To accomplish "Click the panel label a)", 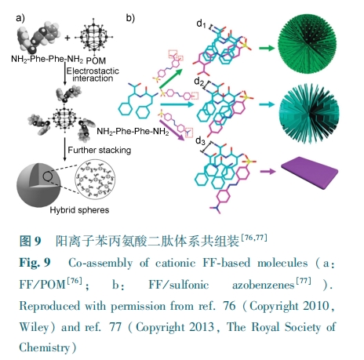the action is click(20, 18).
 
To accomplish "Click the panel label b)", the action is click(130, 18).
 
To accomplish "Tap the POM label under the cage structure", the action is click(96, 60).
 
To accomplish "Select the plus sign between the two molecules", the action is click(67, 38).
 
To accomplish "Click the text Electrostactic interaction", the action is click(93, 75).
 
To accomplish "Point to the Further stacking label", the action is click(100, 150).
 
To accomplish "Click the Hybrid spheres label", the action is click(79, 210).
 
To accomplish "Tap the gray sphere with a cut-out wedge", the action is click(38, 185).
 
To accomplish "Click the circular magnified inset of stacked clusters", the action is click(95, 180).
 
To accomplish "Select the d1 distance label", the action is click(201, 24).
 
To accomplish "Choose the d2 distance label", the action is click(199, 82).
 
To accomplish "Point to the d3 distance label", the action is click(200, 140).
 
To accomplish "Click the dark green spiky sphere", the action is click(307, 43).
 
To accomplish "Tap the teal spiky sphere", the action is click(309, 113).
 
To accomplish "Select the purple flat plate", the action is click(310, 173).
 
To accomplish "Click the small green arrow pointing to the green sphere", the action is click(267, 48).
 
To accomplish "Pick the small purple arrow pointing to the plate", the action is click(268, 172).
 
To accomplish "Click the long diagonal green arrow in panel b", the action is click(171, 78).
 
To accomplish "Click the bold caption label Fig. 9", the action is click(35, 262).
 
